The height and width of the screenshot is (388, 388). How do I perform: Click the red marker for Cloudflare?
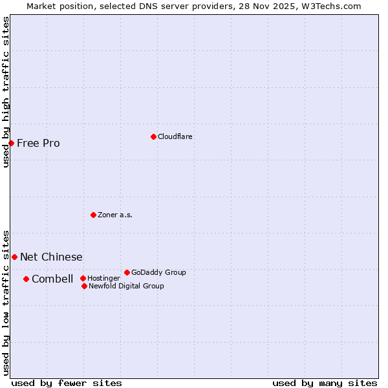(153, 136)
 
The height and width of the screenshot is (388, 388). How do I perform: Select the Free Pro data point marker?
(12, 143)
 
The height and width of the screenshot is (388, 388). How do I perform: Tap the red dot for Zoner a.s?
(93, 215)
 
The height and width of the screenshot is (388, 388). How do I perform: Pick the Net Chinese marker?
(14, 257)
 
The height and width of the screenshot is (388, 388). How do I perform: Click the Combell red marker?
(26, 279)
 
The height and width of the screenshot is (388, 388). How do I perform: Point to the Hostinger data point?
(83, 278)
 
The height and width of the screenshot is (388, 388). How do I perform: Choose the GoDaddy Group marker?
(127, 272)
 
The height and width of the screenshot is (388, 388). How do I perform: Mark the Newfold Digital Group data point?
(84, 286)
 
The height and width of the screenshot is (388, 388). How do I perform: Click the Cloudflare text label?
(175, 136)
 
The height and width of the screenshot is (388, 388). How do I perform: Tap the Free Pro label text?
(38, 143)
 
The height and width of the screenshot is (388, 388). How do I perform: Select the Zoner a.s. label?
(115, 215)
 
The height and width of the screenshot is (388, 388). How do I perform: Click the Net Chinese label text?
(51, 257)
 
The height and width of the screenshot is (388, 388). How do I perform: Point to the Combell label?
(52, 279)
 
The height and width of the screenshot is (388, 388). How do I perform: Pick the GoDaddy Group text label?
(158, 272)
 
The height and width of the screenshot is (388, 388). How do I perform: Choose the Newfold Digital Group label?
(126, 286)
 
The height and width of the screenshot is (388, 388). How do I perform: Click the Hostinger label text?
(103, 278)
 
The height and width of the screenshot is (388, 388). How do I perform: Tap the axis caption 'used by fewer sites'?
(67, 383)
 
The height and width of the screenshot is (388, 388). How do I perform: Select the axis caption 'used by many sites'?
(325, 383)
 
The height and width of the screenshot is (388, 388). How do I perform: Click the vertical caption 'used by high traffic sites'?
(6, 92)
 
